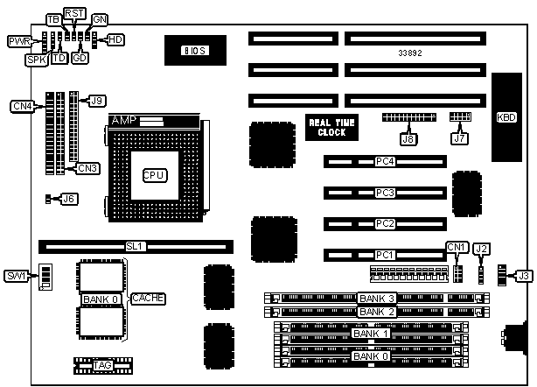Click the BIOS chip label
click(x=193, y=51)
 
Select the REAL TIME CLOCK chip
click(x=326, y=127)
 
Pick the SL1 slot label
click(x=135, y=247)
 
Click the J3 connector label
click(x=523, y=277)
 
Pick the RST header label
click(x=74, y=13)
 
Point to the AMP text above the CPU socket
click(x=123, y=120)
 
